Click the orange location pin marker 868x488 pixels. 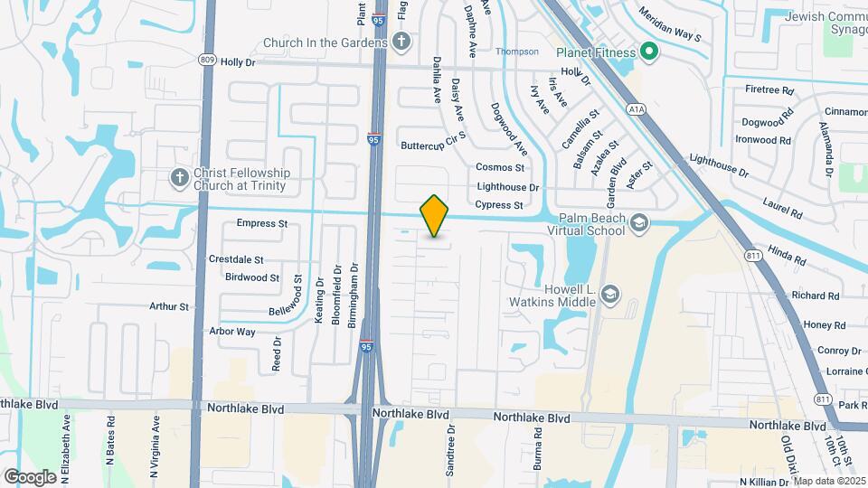coord(435,216)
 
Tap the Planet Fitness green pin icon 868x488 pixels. coord(648,52)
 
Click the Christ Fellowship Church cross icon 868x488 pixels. coord(179,178)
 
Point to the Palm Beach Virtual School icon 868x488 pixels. coord(639,223)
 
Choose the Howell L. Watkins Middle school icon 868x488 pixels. coord(610,294)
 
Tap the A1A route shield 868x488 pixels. coord(637,108)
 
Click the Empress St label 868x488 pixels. coord(261,223)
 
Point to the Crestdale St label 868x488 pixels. coord(236,259)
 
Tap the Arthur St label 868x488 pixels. coord(169,306)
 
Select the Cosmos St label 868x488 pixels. coord(500,167)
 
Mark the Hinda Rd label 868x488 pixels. coord(786,249)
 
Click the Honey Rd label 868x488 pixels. coord(824,325)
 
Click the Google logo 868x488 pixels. coord(30,476)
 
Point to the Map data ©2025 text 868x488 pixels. coord(829,481)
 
